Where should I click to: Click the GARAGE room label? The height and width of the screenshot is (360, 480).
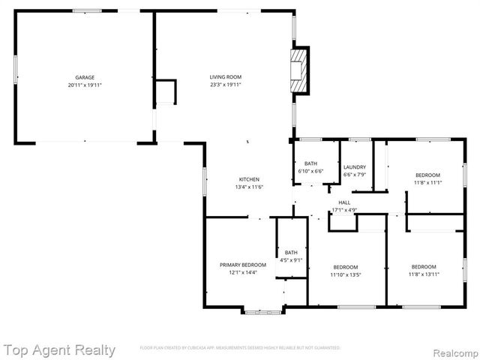85,78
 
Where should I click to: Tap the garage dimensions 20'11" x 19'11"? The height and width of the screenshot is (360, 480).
85,85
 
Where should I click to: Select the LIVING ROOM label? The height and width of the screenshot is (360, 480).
225,78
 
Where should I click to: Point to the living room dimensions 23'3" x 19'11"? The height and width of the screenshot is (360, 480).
225,85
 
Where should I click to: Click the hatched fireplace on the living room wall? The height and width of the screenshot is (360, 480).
300,70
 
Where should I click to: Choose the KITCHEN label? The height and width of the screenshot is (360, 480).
249,179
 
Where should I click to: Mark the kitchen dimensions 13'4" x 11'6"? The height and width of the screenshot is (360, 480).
249,187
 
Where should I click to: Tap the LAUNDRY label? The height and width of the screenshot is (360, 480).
355,167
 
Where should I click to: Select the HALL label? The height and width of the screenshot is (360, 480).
344,202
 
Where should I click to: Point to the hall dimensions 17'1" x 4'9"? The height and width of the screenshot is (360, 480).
344,210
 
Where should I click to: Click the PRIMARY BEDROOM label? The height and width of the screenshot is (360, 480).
243,265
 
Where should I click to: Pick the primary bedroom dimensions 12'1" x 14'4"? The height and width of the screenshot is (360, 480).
243,272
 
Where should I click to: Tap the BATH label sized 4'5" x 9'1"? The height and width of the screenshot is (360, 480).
291,253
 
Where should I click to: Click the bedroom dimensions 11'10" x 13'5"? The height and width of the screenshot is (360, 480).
346,274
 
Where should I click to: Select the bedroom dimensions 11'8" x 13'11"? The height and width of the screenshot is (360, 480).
424,274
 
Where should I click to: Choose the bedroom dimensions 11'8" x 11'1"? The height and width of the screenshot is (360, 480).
427,182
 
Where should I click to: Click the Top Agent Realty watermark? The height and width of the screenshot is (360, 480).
60,349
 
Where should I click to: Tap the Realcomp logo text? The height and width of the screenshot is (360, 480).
453,350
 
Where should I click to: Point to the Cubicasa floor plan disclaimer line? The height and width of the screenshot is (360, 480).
240,348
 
